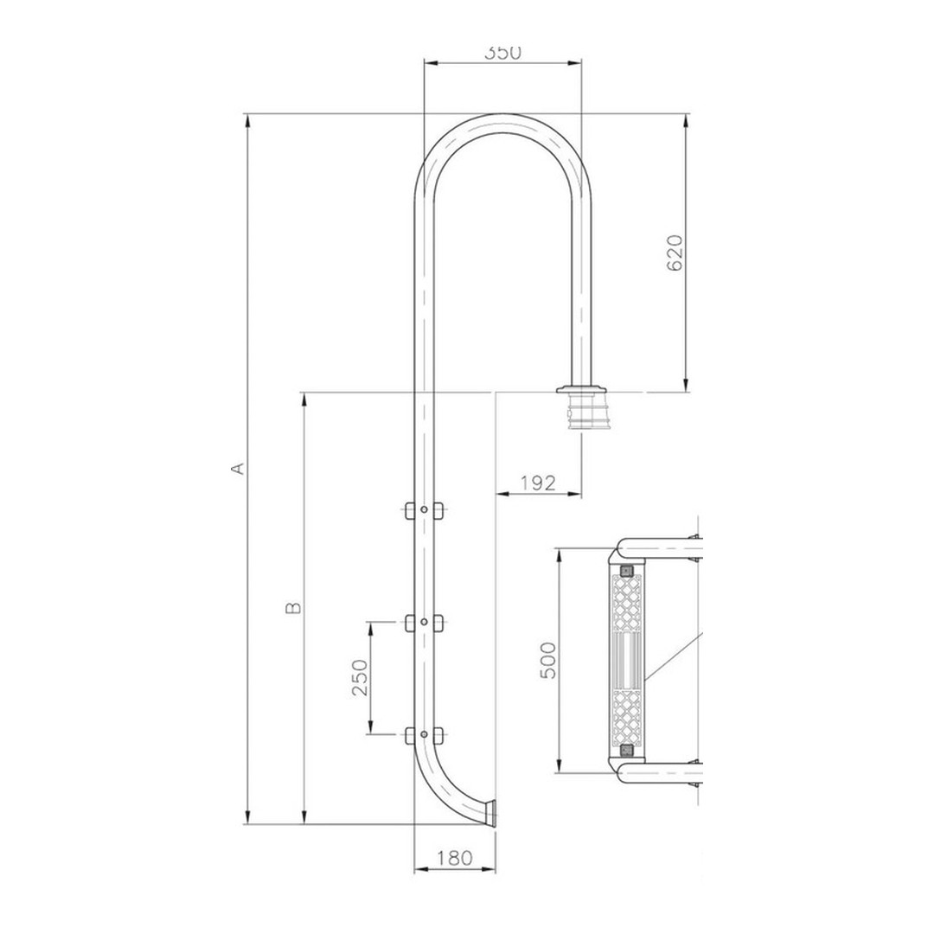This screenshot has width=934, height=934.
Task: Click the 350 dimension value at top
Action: tap(502, 53)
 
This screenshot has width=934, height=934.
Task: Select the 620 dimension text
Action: tap(676, 253)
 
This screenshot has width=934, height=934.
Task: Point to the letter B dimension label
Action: tap(293, 608)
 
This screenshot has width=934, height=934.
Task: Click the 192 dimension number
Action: tap(538, 483)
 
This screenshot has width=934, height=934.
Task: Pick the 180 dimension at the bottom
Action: tap(455, 858)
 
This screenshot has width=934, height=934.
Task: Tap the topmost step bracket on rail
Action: tap(424, 511)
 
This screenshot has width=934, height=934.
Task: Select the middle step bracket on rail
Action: tap(424, 622)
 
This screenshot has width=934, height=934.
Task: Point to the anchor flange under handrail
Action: tap(581, 389)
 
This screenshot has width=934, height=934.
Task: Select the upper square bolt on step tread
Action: tap(626, 570)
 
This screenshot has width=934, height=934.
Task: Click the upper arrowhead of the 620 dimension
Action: tap(686, 120)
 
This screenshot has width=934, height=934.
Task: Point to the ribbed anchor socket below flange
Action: tap(581, 413)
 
